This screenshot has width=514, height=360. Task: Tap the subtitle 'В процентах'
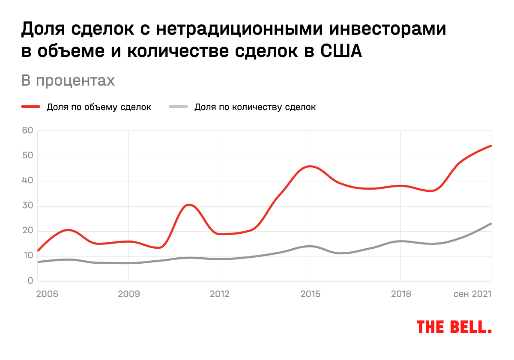tap(68, 81)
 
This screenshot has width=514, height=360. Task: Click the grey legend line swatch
tap(178, 107)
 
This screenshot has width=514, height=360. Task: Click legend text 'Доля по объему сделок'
tap(99, 107)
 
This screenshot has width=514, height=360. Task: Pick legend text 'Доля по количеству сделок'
tap(255, 107)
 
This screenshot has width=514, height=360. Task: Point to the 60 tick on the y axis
tap(28, 131)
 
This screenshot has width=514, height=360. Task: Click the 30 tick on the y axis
tap(28, 206)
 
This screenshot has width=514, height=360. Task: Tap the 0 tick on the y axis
tap(30, 281)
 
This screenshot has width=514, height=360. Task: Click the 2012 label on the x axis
tap(219, 294)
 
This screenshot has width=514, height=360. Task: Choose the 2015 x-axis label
tap(310, 294)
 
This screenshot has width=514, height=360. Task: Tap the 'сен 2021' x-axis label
tap(472, 294)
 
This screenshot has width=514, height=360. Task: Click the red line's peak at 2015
tap(310, 166)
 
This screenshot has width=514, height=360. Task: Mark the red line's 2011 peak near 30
tap(189, 205)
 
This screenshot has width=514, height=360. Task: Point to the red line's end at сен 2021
tap(491, 146)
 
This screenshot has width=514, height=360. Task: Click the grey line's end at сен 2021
tap(491, 223)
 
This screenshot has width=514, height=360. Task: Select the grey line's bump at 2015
tap(310, 246)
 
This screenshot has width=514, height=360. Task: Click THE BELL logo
tap(454, 327)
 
